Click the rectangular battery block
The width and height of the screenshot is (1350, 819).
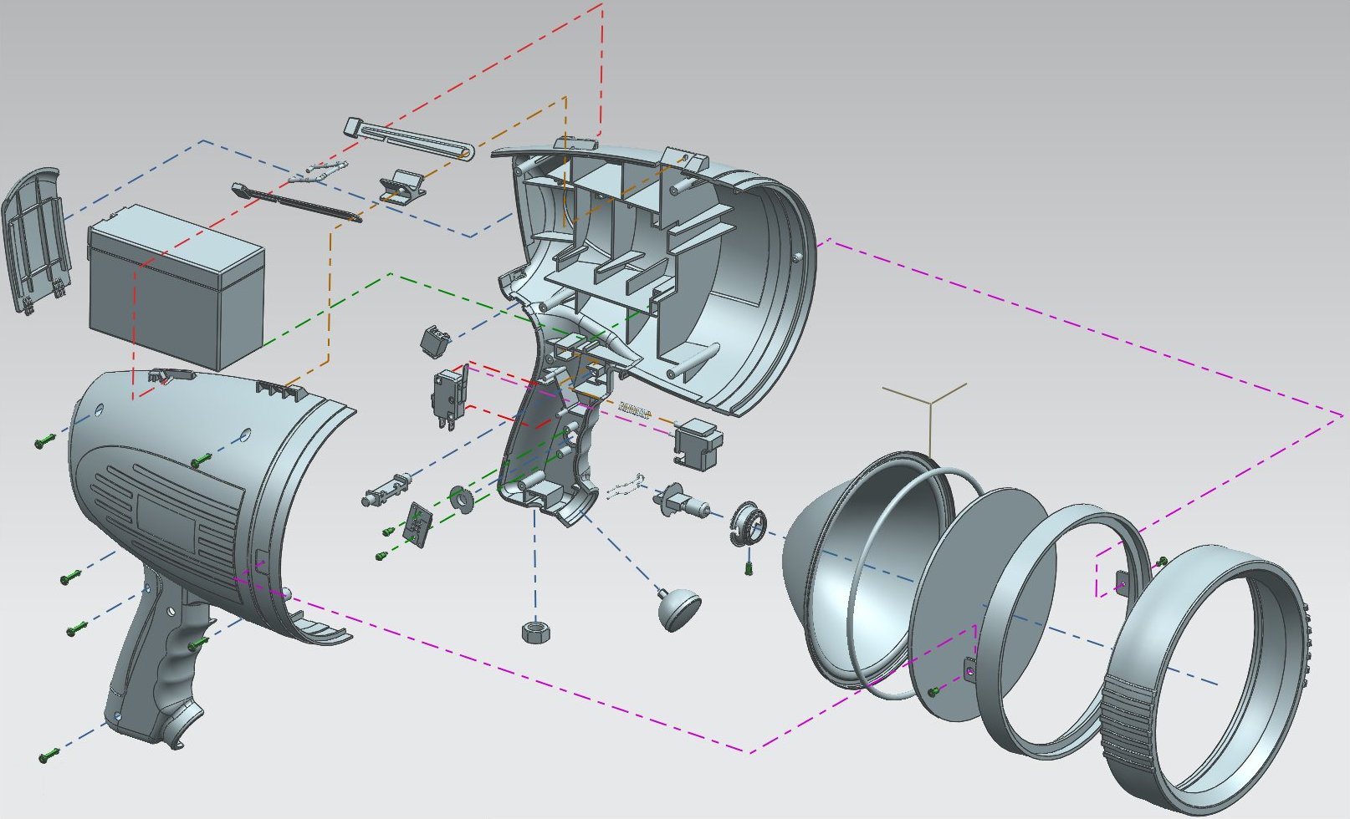[x=176, y=292]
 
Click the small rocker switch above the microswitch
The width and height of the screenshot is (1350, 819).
[x=435, y=339]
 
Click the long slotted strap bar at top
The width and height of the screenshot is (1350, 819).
[x=409, y=139]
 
